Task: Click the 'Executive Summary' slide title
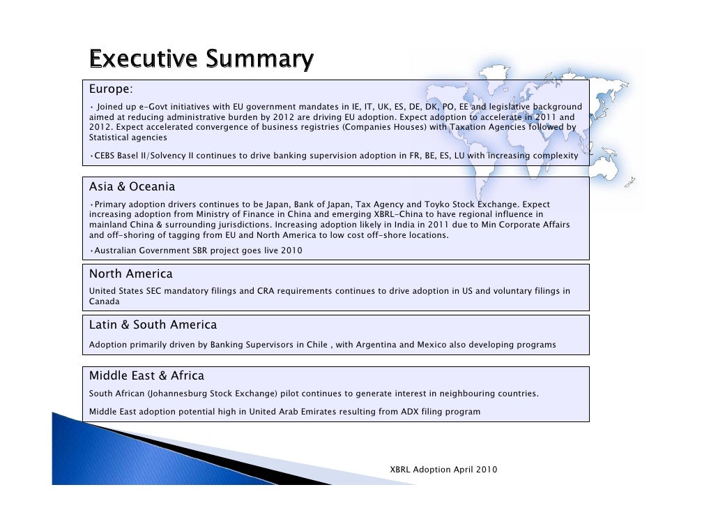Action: pyautogui.click(x=200, y=60)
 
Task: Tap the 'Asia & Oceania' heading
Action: pyautogui.click(x=132, y=187)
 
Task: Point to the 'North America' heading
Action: pyautogui.click(x=131, y=274)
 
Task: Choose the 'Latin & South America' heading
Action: pyautogui.click(x=153, y=325)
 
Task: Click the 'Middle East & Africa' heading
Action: pyautogui.click(x=147, y=377)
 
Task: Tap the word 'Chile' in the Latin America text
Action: pyautogui.click(x=318, y=345)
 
